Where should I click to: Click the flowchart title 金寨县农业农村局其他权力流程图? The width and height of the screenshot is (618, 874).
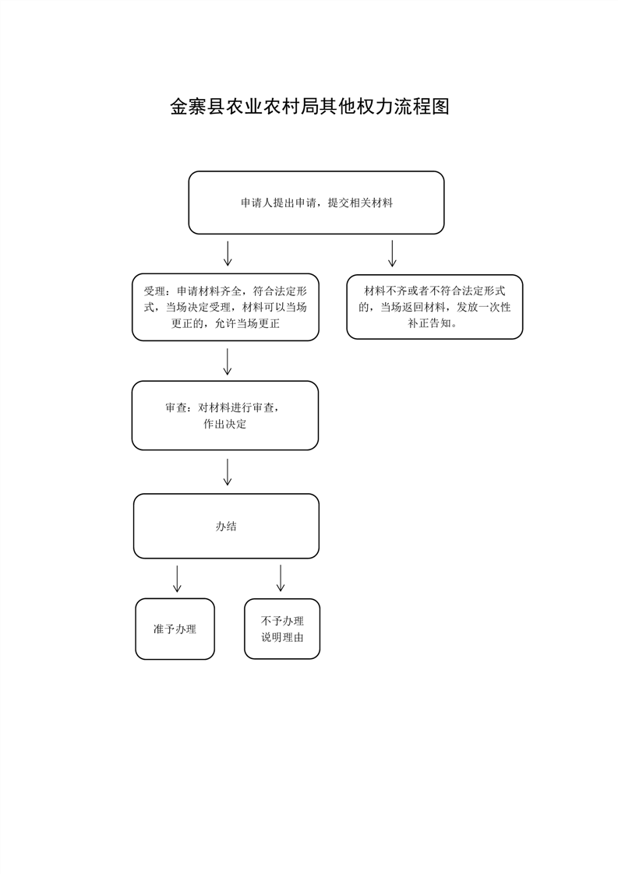point(309,107)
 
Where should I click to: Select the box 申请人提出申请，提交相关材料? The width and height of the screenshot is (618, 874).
point(316,203)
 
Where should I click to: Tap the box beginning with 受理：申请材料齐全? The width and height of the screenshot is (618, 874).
point(225,307)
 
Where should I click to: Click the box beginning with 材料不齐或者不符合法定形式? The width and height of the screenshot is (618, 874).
point(435,307)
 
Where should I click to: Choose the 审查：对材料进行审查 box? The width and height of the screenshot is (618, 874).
point(224,415)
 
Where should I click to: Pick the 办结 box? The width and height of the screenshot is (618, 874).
point(226,526)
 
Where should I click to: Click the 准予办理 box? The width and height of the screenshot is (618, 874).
point(175,629)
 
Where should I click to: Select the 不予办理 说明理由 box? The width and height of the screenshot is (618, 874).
point(282,629)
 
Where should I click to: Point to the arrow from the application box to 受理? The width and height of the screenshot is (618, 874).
point(228,254)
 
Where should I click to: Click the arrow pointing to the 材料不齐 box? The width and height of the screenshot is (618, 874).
point(392,254)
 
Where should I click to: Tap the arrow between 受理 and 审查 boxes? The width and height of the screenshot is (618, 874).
point(227,361)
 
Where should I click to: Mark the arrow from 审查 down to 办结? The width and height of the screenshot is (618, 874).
point(227,472)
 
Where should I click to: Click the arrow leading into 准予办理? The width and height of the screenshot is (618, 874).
point(178,579)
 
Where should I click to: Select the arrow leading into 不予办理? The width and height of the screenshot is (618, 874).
point(281,579)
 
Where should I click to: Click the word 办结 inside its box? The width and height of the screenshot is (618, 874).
point(226,526)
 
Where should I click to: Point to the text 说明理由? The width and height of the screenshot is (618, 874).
point(282,638)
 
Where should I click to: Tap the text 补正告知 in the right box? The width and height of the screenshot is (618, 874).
point(427,323)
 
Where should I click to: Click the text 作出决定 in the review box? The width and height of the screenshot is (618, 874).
point(224,425)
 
